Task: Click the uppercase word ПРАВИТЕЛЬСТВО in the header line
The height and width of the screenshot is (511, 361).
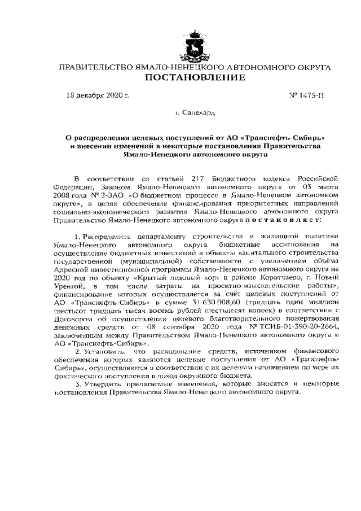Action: pyautogui.click(x=96, y=67)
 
